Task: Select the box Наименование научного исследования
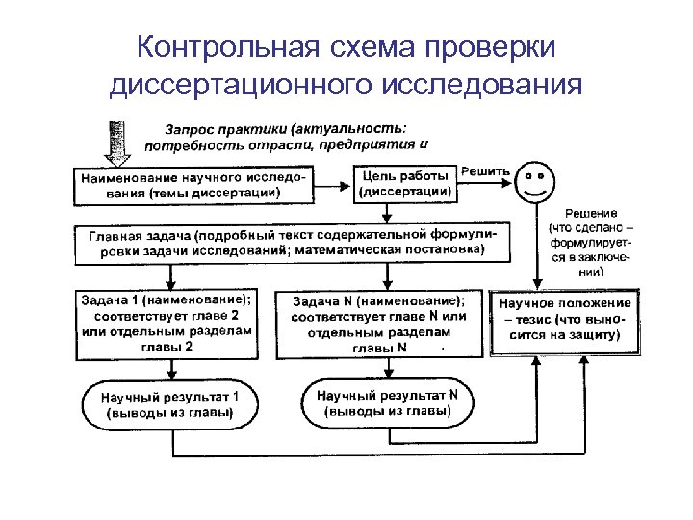(x=196, y=185)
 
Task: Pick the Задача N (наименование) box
(x=379, y=324)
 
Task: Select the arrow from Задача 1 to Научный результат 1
(x=169, y=370)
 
